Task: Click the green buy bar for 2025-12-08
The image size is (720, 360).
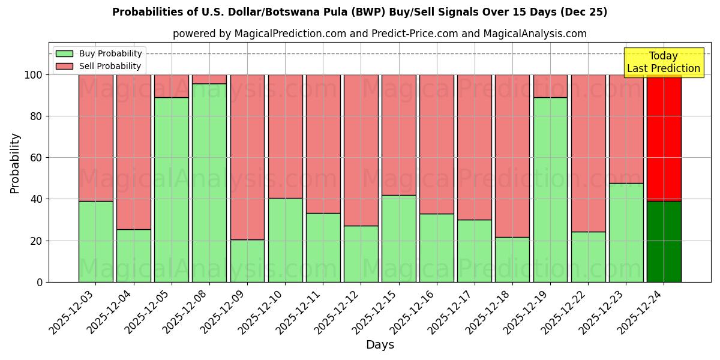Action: click(x=209, y=182)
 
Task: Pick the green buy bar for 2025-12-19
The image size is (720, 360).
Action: click(x=550, y=190)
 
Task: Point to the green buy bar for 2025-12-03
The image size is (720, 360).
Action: click(x=95, y=241)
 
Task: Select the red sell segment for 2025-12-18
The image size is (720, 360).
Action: click(x=512, y=156)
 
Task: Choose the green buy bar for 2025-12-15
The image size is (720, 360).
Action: click(x=399, y=238)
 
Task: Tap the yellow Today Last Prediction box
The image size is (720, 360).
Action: click(x=663, y=62)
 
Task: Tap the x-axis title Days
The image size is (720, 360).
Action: click(x=380, y=345)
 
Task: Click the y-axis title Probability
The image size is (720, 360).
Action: click(x=15, y=163)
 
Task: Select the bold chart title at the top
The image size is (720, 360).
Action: click(x=359, y=12)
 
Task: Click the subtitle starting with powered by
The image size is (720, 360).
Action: click(x=379, y=34)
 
